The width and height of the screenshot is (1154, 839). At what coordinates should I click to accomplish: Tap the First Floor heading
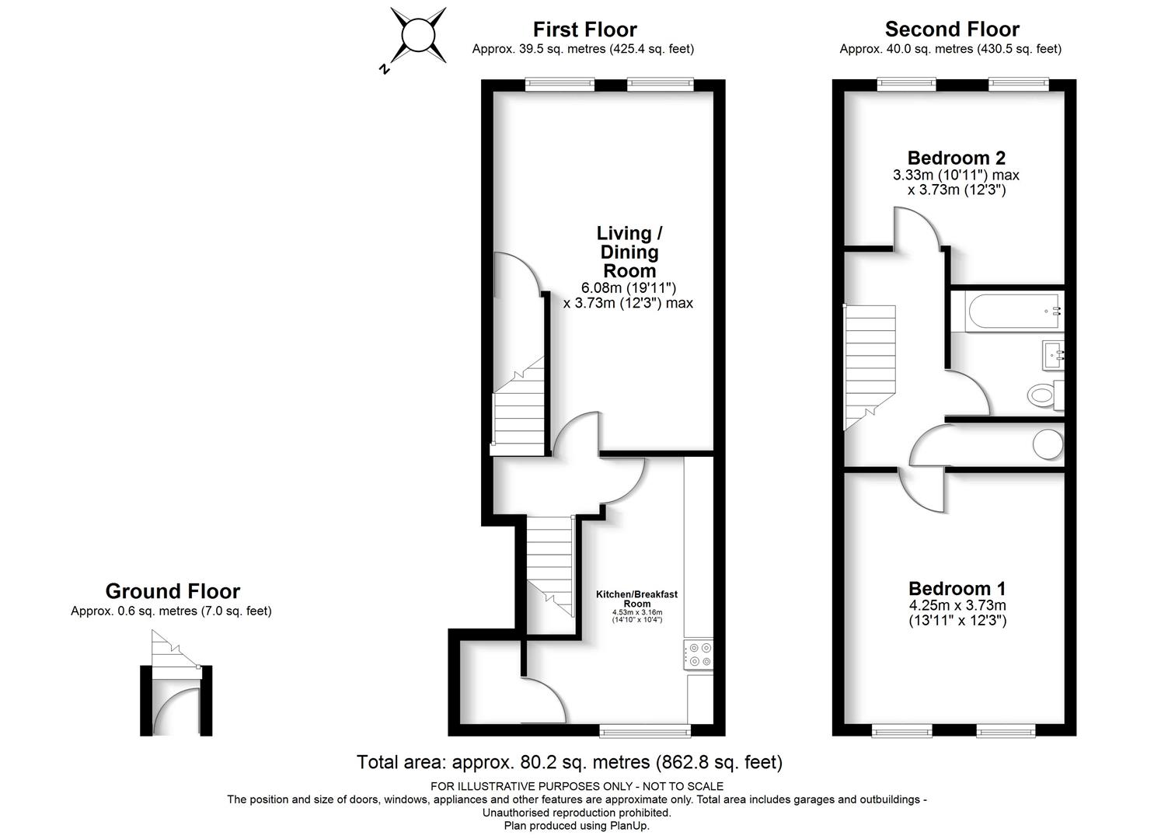584,30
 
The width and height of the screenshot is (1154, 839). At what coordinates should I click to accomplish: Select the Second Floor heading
952,29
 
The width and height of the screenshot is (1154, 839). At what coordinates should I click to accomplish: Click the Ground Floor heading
173,590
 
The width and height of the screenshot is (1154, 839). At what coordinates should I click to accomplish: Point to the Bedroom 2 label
956,158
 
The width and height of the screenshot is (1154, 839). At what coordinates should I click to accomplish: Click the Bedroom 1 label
957,588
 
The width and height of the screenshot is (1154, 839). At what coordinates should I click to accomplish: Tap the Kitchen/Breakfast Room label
636,598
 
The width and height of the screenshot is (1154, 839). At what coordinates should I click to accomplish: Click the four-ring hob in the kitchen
699,655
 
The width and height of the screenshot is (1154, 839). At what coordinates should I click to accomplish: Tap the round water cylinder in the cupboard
1048,444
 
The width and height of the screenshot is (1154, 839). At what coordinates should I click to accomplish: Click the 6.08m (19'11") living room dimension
629,287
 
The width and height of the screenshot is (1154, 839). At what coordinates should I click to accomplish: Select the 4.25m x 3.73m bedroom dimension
957,605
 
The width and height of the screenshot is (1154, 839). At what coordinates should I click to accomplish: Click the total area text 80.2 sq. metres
584,762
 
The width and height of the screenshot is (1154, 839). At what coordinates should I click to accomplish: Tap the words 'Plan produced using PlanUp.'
577,826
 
